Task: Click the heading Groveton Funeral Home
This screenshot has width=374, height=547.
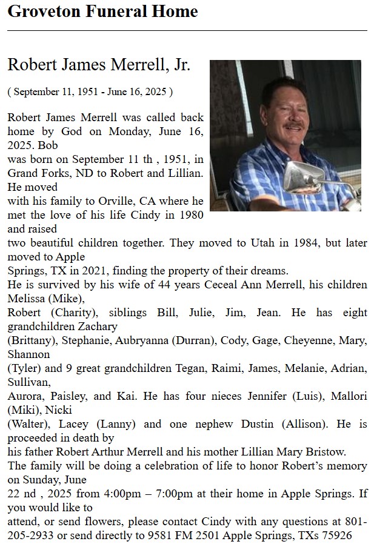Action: click(x=102, y=12)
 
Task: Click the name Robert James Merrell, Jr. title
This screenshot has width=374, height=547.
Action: click(x=99, y=65)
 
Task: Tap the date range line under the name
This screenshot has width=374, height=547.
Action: click(x=90, y=92)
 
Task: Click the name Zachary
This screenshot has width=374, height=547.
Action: click(x=349, y=327)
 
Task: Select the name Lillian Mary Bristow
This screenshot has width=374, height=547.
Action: click(x=289, y=451)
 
